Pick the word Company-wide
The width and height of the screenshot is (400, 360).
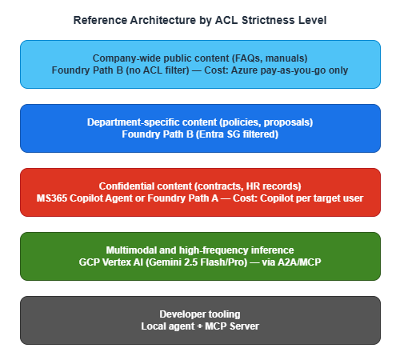128,58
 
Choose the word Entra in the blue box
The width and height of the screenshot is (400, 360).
218,134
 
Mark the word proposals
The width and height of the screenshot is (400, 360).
282,122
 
